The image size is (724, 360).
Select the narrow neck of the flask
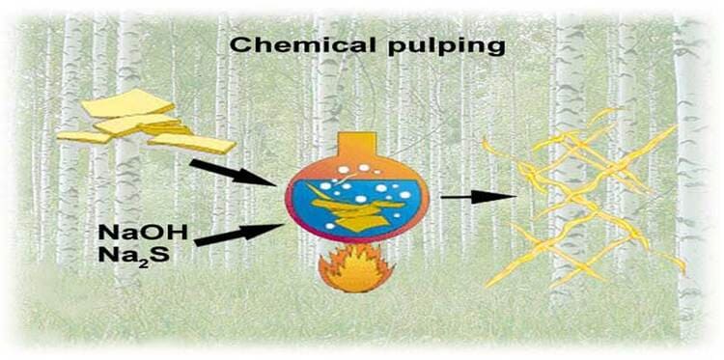(x=353, y=147)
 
